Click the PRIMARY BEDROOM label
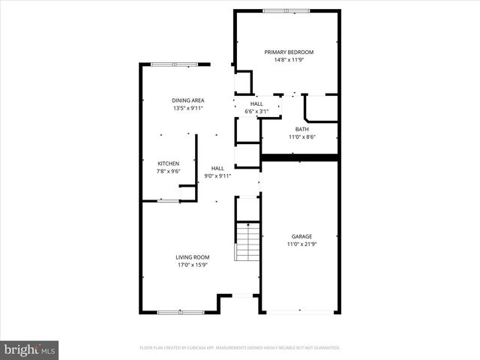[x=289, y=52]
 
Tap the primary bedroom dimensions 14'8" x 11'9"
[x=289, y=60]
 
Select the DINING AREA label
[x=187, y=100]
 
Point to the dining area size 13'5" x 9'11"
[x=187, y=109]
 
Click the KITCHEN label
[x=168, y=163]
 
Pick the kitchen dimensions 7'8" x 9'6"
[x=168, y=172]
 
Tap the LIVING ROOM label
[x=192, y=256]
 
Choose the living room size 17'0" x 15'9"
[x=192, y=265]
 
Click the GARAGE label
[x=301, y=236]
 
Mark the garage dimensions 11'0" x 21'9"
[x=301, y=244]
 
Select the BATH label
[x=301, y=129]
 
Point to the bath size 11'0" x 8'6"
[x=301, y=137]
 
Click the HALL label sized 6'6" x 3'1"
[x=256, y=103]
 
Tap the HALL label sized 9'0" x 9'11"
[x=217, y=168]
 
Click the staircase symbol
[x=247, y=241]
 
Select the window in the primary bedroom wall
[x=286, y=10]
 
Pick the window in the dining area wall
[x=174, y=64]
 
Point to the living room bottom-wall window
[x=180, y=312]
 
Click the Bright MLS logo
[x=30, y=349]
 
